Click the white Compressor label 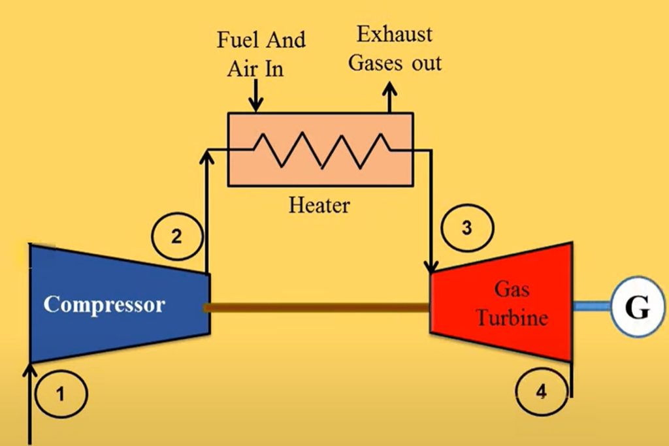pyautogui.click(x=105, y=305)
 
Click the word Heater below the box pyautogui.click(x=319, y=206)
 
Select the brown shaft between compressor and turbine pyautogui.click(x=319, y=307)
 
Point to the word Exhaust pyautogui.click(x=394, y=34)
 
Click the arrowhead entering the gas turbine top pyautogui.click(x=431, y=267)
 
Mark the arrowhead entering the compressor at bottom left pyautogui.click(x=30, y=371)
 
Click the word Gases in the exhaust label pyautogui.click(x=373, y=63)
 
